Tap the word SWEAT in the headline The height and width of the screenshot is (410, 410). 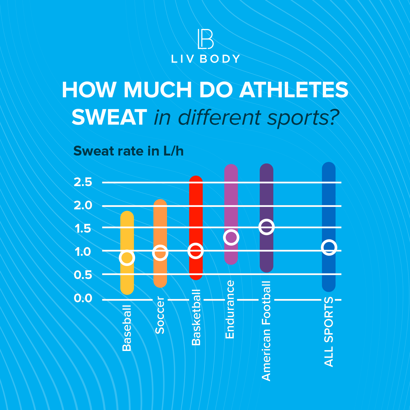pos(109,117)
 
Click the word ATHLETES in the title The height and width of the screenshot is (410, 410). pos(294,90)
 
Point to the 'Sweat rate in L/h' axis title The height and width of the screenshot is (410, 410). pos(128,151)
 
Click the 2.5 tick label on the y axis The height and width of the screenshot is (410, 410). pos(83,182)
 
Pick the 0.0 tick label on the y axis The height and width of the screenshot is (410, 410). pos(83,298)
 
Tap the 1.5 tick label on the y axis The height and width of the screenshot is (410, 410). pos(83,229)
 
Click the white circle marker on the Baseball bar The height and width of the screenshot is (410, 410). pos(127,257)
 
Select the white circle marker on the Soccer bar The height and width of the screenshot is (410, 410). pos(160,253)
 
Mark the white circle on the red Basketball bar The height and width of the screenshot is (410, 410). pos(195,251)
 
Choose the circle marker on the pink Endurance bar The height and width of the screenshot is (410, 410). pos(231,237)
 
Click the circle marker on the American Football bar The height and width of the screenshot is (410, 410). pos(266,227)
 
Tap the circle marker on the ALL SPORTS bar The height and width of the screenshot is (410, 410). pos(329,247)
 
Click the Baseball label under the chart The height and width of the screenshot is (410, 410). pos(127,328)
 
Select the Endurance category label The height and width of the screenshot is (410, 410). pos(230,309)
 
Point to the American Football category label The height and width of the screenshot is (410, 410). pos(266,331)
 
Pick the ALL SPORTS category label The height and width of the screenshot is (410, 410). pos(329,331)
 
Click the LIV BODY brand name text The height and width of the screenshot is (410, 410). pos(205,59)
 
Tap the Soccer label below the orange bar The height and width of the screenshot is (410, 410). pos(160,315)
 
